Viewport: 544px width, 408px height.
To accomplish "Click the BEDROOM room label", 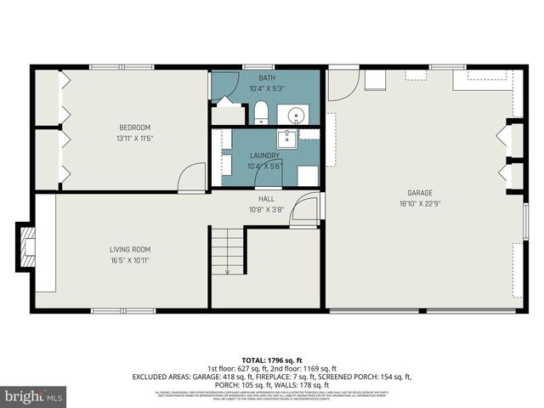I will click(x=134, y=127).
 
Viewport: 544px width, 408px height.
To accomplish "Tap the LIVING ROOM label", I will click(x=130, y=249).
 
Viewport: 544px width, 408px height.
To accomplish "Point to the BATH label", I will click(x=266, y=77).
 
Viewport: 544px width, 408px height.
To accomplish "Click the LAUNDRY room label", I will click(x=265, y=156).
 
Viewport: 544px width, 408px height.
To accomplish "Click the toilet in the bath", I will click(x=261, y=113).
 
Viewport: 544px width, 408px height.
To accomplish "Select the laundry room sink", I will click(x=287, y=139).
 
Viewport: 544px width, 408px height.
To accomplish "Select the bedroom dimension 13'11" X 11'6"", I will click(x=134, y=139).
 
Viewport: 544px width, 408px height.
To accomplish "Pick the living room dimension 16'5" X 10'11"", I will click(x=130, y=260).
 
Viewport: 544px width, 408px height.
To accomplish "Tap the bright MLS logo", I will click(x=33, y=396).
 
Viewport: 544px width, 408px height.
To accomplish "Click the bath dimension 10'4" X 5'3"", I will click(x=266, y=88).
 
